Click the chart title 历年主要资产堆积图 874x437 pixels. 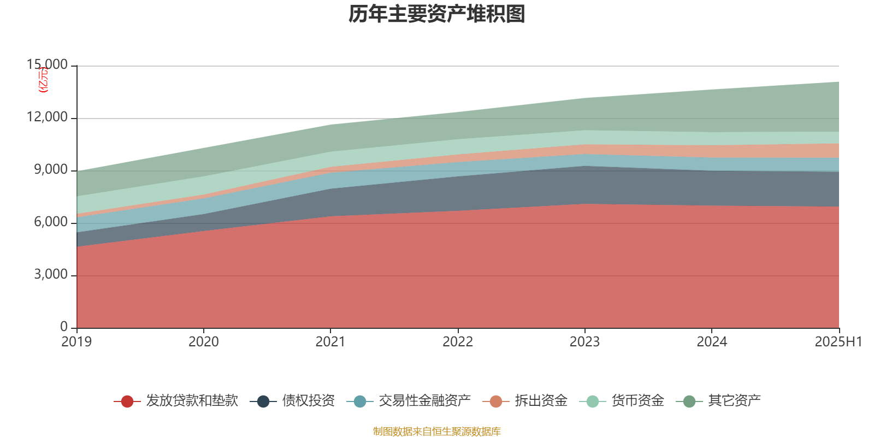[x=437, y=14]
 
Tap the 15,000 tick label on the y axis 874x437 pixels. [x=48, y=65]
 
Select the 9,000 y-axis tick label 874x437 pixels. [x=51, y=170]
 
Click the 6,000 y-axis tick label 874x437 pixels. [x=51, y=222]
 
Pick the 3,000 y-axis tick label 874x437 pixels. [x=51, y=274]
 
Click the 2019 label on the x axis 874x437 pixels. [x=76, y=342]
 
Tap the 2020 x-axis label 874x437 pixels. [x=204, y=342]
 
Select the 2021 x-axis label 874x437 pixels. [x=330, y=342]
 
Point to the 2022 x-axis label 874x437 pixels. [x=458, y=342]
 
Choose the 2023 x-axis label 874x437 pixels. [x=584, y=342]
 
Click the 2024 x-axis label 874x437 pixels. [x=712, y=342]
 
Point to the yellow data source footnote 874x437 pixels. [x=437, y=432]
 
